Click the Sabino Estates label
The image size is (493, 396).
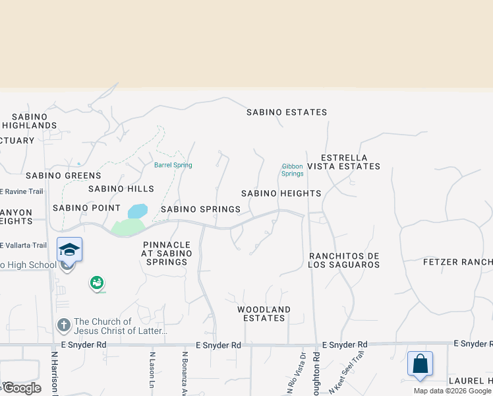coord(287,112)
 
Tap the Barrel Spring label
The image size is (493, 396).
coord(173,165)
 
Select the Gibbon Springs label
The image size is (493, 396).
coord(292,170)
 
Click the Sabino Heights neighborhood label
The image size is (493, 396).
coord(281,193)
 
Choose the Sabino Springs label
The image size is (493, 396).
coord(200,209)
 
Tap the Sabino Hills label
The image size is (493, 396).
coord(116,189)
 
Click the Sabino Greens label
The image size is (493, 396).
coord(63,176)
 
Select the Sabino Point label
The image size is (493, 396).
coord(78,207)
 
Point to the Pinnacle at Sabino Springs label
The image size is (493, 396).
coord(167,253)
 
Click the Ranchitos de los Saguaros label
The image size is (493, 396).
coord(344,260)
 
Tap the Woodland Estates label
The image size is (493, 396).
coord(264,313)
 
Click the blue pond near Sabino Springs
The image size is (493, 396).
coord(137,211)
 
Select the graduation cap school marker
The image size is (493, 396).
coord(69,250)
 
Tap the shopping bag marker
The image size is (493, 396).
coord(420,364)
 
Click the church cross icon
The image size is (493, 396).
coord(64,325)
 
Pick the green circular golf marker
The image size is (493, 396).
coord(97,282)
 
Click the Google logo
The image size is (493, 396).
coord(21,388)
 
